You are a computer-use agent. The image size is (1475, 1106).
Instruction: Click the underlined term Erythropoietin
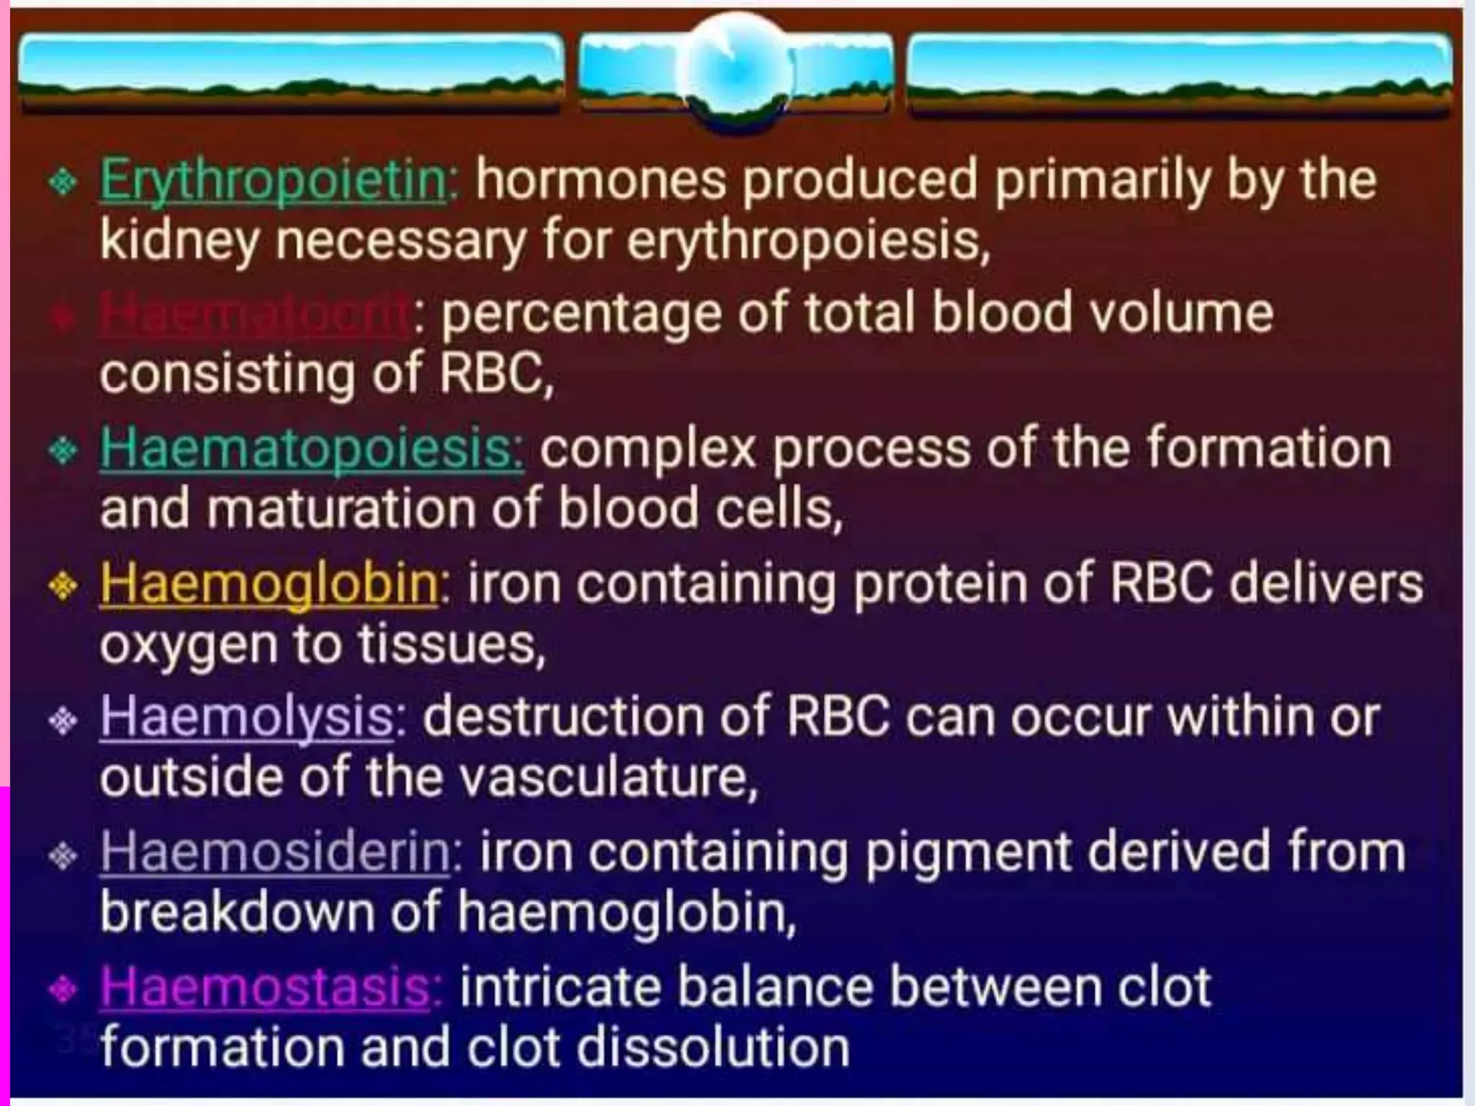pyautogui.click(x=274, y=181)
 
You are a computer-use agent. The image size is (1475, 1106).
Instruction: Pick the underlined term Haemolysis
pyautogui.click(x=247, y=718)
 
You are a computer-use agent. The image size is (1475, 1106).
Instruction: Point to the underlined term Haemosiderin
pyautogui.click(x=276, y=852)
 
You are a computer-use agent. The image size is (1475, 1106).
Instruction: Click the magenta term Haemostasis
pyautogui.click(x=266, y=986)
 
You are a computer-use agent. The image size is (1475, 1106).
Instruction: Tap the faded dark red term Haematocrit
pyautogui.click(x=256, y=314)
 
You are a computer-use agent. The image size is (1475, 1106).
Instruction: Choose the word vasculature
pyautogui.click(x=604, y=778)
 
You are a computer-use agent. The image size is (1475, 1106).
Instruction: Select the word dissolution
pyautogui.click(x=713, y=1048)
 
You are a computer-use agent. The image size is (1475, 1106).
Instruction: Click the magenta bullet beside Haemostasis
pyautogui.click(x=63, y=990)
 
